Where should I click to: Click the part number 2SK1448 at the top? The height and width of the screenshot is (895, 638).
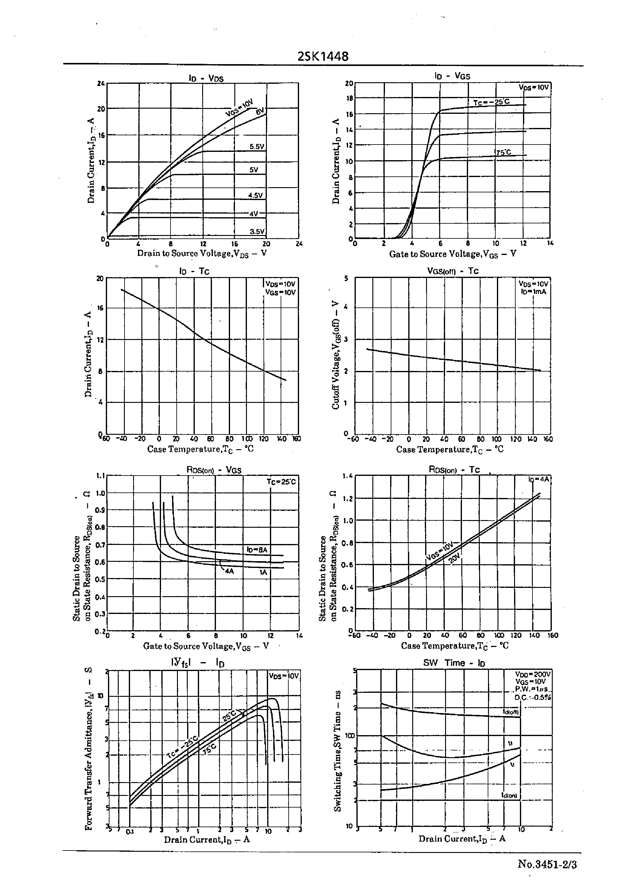pos(323,56)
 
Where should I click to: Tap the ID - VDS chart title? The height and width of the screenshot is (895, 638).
pos(206,78)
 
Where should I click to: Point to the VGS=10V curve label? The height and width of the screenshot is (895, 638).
pos(239,108)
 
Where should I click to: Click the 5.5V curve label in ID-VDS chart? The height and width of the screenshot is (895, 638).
pos(257,147)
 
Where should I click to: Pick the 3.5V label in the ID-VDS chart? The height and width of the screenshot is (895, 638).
pos(257,231)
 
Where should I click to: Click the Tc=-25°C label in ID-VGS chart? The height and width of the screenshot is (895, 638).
pos(491,102)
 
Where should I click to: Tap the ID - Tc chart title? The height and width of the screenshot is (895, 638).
pos(194,271)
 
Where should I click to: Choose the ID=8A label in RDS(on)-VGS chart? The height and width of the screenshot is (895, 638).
pos(257,550)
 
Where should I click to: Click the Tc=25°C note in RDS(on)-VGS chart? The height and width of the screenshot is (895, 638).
pos(281,482)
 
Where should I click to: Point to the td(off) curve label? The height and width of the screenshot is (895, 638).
pos(511,712)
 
